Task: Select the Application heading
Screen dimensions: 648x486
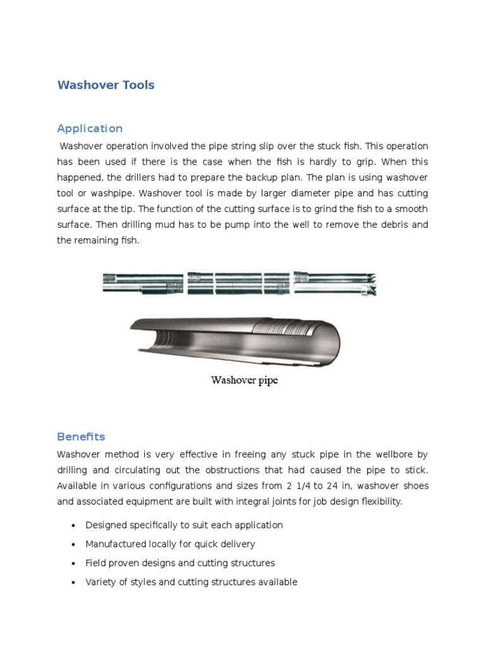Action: click(x=90, y=128)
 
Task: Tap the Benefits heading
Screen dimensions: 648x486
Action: click(x=81, y=437)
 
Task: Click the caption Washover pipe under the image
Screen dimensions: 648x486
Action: click(x=244, y=380)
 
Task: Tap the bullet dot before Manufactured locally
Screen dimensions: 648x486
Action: click(x=74, y=544)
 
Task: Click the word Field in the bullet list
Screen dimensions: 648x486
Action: click(x=96, y=563)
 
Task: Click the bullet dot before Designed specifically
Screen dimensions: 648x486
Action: click(x=74, y=525)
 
